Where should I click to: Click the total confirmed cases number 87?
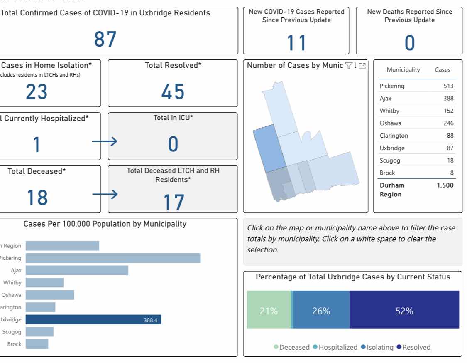(x=105, y=40)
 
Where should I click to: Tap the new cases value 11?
(x=296, y=43)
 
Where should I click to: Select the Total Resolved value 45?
(x=173, y=91)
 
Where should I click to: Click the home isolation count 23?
(x=37, y=91)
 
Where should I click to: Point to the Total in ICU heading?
(x=173, y=118)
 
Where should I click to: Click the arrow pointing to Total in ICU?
(x=104, y=142)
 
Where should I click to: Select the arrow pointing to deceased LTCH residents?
(x=105, y=194)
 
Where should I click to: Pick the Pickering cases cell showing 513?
(x=448, y=86)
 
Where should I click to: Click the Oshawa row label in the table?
(x=390, y=123)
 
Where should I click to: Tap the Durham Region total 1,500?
(x=445, y=185)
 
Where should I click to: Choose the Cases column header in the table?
(x=442, y=70)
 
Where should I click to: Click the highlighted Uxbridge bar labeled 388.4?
(x=93, y=319)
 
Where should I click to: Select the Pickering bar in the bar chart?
(x=113, y=258)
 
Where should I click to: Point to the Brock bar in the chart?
(x=37, y=344)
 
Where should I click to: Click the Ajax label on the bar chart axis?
(x=16, y=270)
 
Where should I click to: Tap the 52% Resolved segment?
(x=404, y=311)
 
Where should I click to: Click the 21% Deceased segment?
(x=269, y=311)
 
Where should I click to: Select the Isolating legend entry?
(x=377, y=347)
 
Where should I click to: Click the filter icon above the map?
(x=349, y=66)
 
